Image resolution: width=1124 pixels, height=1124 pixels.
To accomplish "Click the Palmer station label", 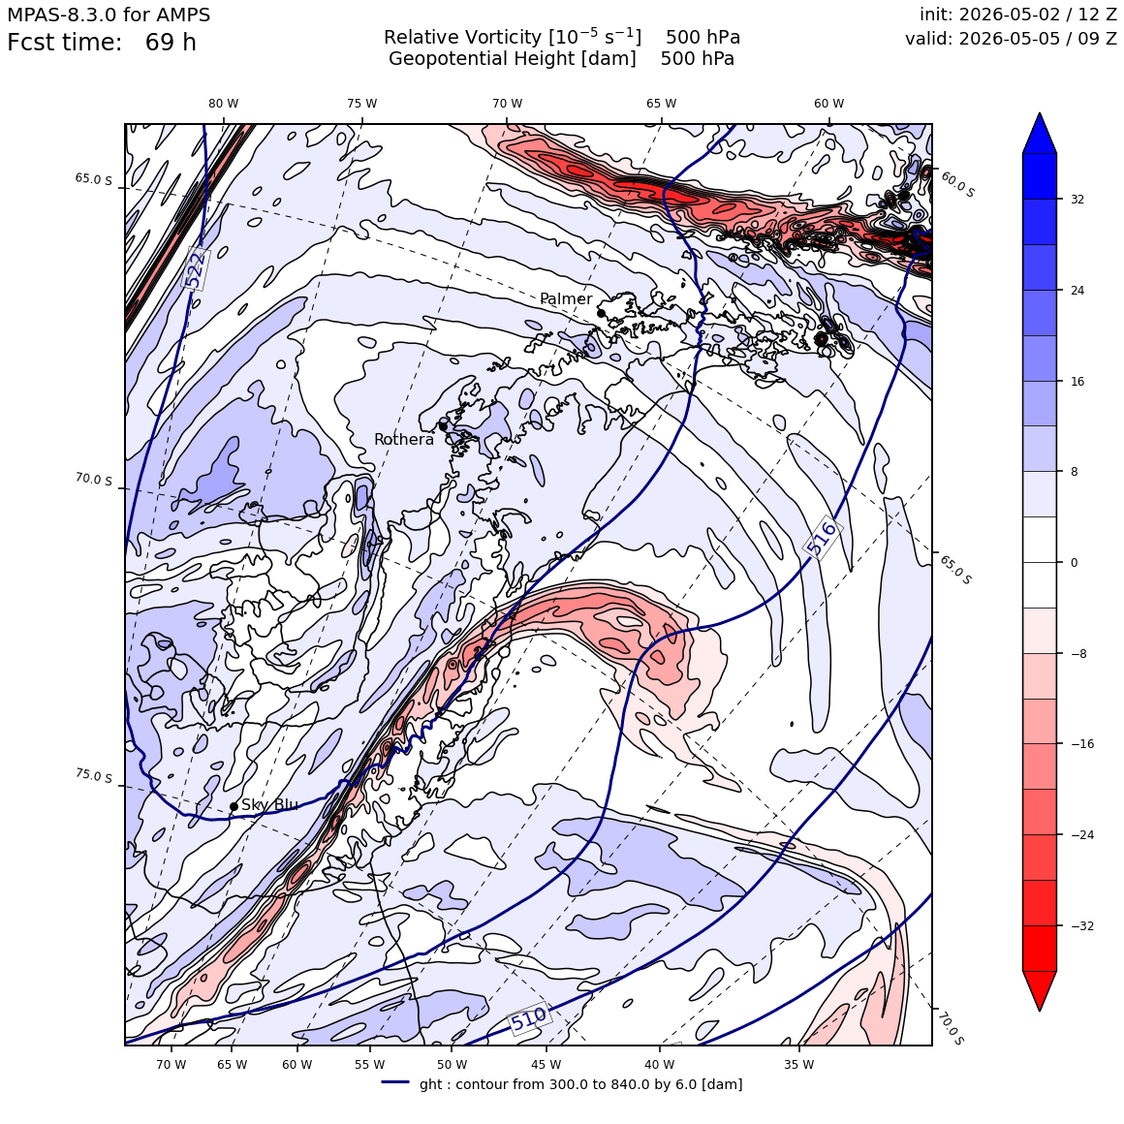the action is coord(566,298).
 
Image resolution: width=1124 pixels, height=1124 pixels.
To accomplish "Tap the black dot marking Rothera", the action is coord(443,426).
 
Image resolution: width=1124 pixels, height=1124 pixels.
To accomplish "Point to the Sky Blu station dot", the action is coord(234,806).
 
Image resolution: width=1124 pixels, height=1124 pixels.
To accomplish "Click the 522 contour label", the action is coord(195,268).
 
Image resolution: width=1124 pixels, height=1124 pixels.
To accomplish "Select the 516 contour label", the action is coord(822,538).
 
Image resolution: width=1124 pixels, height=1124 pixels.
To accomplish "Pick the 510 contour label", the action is coord(528,1018).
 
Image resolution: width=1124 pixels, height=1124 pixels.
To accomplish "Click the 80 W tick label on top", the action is coord(224,104).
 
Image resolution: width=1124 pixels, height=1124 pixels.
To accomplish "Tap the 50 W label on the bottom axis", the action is coord(453,1065).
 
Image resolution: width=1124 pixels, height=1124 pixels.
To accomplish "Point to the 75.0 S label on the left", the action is coord(94,775).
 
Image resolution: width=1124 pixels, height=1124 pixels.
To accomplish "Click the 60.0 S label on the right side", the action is coord(957,184).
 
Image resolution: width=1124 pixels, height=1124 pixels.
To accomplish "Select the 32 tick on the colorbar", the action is coord(1077,200).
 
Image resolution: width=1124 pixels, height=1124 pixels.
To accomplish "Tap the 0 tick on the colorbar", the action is coord(1074,563).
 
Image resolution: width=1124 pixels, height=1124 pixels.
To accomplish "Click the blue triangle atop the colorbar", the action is coord(1040,134).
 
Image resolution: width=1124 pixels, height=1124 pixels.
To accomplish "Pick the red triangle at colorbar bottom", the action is coord(1040,990).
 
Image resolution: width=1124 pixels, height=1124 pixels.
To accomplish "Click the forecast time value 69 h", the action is coord(171,43).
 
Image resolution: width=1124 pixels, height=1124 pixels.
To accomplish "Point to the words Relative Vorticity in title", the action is coord(462,37).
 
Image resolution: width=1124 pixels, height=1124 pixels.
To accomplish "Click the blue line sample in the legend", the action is coord(395,1082).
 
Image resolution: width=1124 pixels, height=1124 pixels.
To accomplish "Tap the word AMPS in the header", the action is coord(184,15).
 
